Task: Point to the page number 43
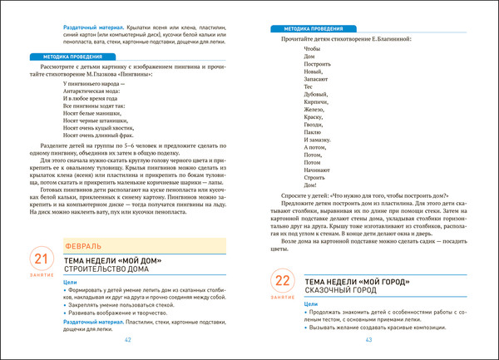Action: pyautogui.click(x=368, y=339)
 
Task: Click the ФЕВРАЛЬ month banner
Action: pyautogui.click(x=84, y=246)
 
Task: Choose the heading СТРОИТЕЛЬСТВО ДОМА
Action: pyautogui.click(x=104, y=270)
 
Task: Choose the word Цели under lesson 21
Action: pyautogui.click(x=71, y=282)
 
